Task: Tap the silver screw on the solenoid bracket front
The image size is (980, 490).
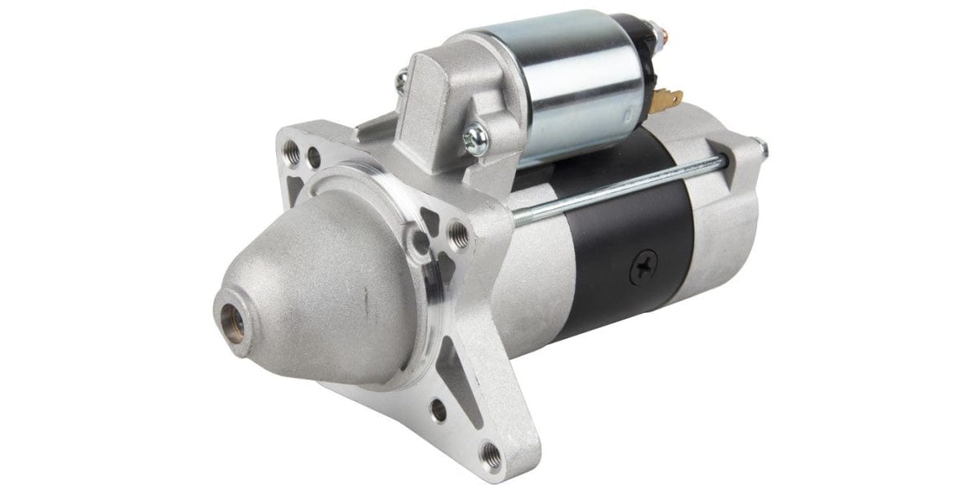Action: (474, 136)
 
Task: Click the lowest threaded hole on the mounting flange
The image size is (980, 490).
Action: (492, 450)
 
